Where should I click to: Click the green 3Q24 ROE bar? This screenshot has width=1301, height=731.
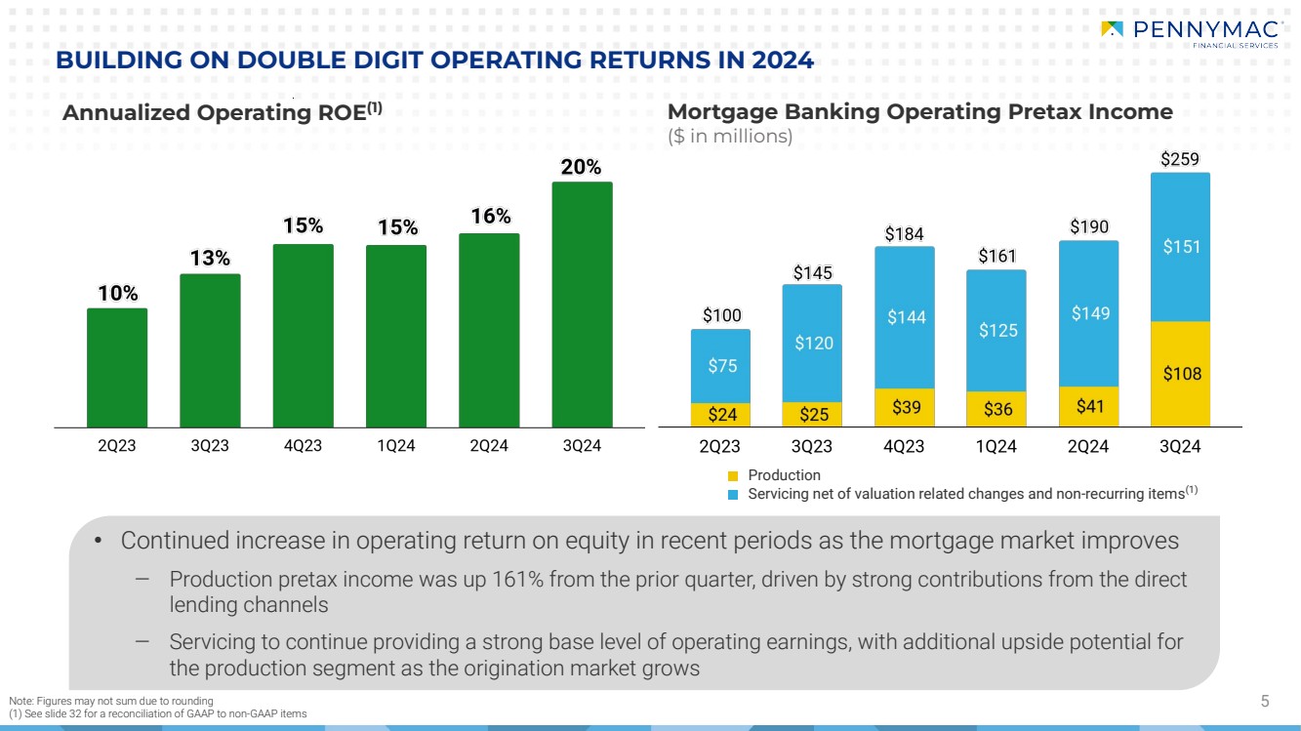coord(582,305)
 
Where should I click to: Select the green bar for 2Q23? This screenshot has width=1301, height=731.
coord(117,368)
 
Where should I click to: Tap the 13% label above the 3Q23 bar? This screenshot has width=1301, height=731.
coord(210,259)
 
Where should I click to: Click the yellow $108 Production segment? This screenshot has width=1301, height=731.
coord(1180,374)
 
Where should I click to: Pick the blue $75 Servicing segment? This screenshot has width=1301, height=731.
coord(720,366)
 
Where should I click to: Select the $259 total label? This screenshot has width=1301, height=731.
coord(1180,157)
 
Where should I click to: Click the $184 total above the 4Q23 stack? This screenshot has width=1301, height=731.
coord(904,233)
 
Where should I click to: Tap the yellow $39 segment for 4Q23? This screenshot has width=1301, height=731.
coord(904,407)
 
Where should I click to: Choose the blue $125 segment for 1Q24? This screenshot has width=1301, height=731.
coord(996,331)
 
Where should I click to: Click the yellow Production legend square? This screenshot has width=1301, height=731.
coord(734,475)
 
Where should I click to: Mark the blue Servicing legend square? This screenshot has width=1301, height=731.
coord(734,495)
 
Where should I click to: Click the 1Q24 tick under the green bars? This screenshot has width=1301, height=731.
coord(396,446)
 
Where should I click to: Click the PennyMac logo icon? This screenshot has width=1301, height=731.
coord(1111,29)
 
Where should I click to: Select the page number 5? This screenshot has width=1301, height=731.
coord(1265,700)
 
